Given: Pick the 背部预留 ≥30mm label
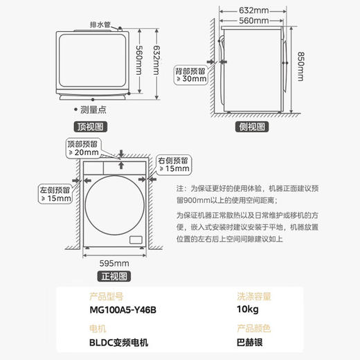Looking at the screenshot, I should (x=190, y=74).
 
